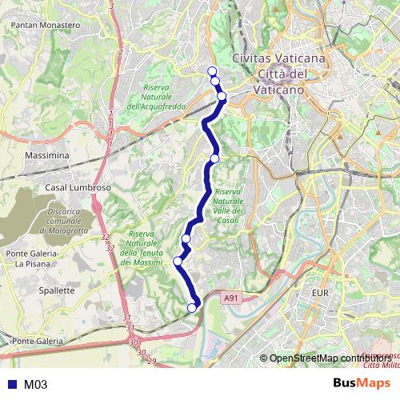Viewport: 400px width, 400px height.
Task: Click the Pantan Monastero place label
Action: (46, 26)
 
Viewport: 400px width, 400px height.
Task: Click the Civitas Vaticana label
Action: (278, 59)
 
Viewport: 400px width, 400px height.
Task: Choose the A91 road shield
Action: (231, 298)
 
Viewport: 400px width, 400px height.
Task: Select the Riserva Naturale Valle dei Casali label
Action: (229, 206)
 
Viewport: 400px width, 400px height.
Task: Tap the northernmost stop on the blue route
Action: (212, 71)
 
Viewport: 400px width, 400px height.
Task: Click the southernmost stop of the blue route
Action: (192, 307)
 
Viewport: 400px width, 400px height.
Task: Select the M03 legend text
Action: (36, 385)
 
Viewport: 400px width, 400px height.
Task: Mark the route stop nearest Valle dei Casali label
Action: (214, 158)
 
